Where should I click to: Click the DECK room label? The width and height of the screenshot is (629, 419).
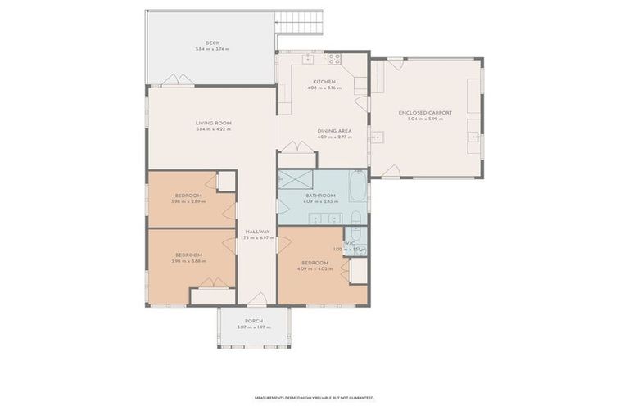pos(212,43)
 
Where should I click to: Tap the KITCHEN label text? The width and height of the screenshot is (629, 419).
pos(324,82)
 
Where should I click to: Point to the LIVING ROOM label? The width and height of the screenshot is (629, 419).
pos(212,124)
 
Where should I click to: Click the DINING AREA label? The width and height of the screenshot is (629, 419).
pos(335,131)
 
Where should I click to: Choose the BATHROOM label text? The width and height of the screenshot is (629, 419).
pos(320,196)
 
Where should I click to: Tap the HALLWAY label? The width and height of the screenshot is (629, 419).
pos(257,232)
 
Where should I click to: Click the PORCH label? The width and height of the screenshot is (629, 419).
pos(254,321)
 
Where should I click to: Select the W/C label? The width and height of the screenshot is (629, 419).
pos(350,243)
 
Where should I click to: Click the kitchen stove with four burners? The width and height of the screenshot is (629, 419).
pos(334,59)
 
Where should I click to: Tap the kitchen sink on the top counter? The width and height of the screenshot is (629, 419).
pos(308,58)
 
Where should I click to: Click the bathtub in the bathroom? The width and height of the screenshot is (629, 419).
pos(359,186)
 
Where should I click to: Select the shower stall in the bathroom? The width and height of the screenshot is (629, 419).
pos(291,179)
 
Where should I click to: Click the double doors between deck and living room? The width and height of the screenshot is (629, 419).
pos(177,80)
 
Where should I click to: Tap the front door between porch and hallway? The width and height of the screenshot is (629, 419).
pos(257,300)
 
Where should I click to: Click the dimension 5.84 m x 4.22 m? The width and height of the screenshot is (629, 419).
pos(212,129)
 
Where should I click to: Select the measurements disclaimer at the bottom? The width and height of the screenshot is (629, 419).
pos(314,398)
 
